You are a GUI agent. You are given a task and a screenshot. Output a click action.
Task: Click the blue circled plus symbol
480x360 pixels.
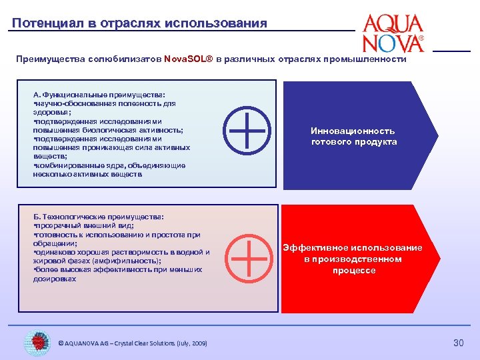[247, 129]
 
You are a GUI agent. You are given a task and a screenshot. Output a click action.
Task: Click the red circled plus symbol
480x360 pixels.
[247, 258]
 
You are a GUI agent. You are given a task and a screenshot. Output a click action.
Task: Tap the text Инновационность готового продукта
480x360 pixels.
[353, 136]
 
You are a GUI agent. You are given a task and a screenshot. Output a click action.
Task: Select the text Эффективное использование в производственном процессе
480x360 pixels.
[353, 259]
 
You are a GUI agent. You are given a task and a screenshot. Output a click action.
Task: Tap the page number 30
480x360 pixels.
[458, 343]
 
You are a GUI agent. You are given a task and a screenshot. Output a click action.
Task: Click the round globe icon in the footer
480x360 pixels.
[37, 343]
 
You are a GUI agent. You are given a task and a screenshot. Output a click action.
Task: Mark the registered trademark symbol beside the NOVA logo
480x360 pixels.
[421, 39]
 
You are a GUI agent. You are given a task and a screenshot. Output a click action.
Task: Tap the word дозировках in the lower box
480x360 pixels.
[55, 279]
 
